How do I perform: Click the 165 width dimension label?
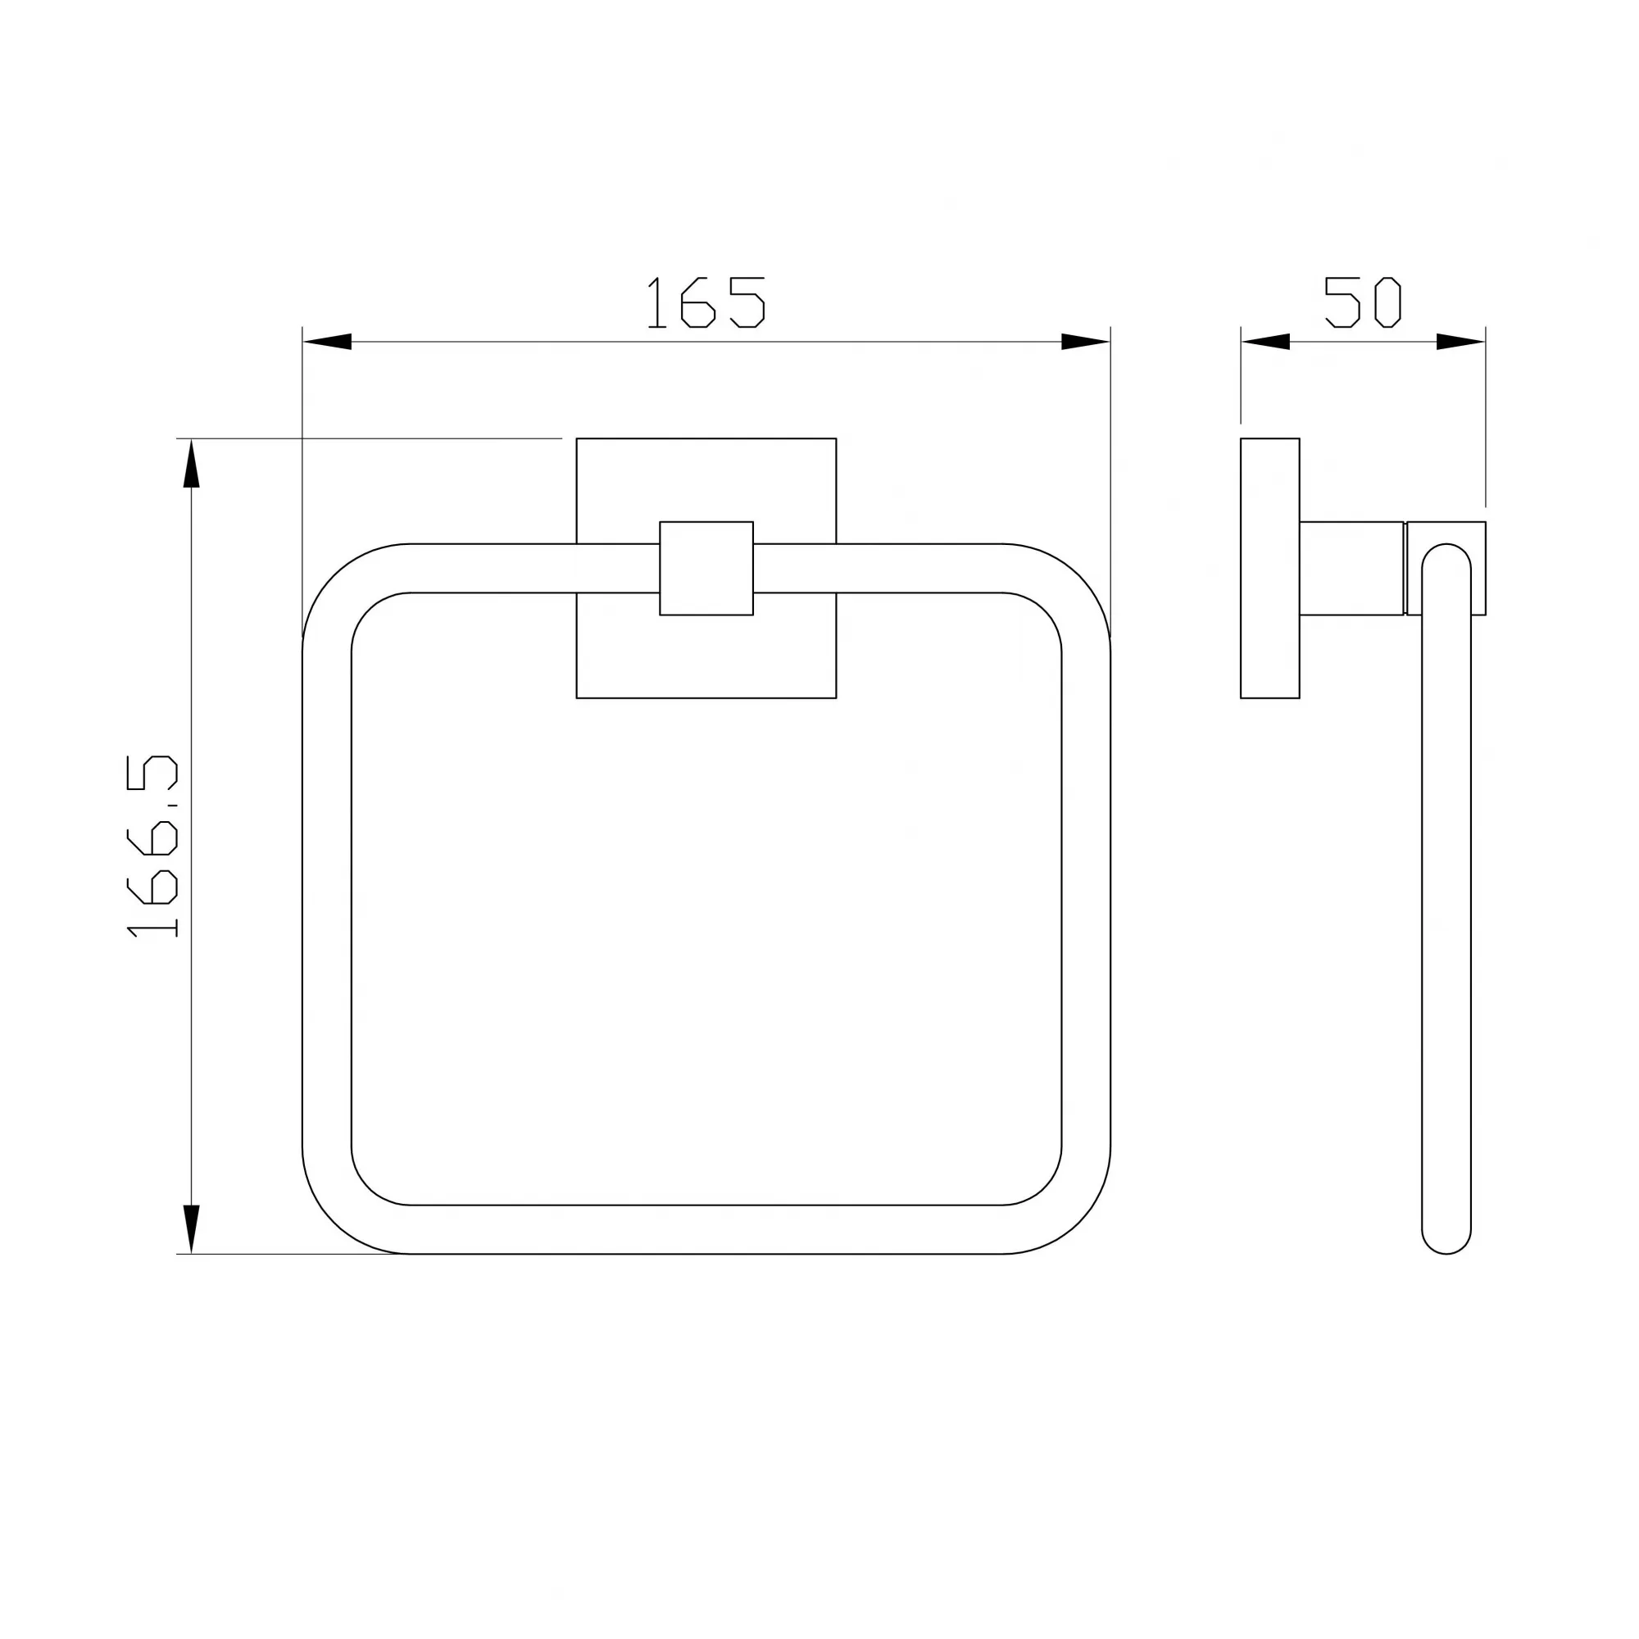[706, 302]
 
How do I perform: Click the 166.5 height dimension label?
[152, 846]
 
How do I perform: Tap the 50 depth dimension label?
[1363, 302]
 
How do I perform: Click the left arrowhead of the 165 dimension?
[328, 342]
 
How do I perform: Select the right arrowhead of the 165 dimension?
[1086, 342]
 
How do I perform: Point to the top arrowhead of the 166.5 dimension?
[192, 463]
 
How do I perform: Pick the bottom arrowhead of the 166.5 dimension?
[192, 1229]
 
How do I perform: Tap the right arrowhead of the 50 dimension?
[1461, 342]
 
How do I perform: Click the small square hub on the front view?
[706, 569]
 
